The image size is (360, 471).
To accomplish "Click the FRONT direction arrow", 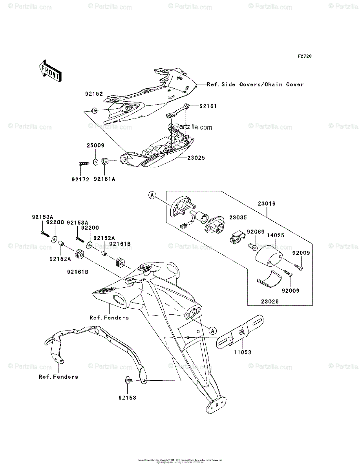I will click(x=49, y=71).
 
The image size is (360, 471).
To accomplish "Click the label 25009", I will click(x=95, y=145).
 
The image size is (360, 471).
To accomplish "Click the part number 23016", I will click(x=267, y=204).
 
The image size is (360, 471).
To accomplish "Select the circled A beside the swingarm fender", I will click(x=212, y=330).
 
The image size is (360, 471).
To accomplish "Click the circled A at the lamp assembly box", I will click(x=152, y=195).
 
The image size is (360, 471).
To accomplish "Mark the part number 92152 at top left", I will click(x=93, y=94).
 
